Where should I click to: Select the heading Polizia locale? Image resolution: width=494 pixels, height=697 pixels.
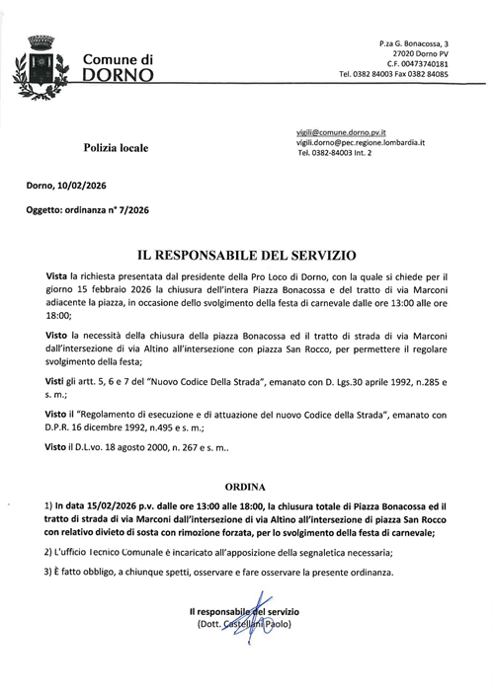coord(115,148)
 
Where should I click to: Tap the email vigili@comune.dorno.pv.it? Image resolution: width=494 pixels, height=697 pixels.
coord(341,132)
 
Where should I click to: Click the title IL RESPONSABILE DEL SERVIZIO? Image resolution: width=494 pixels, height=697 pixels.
coord(246,255)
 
